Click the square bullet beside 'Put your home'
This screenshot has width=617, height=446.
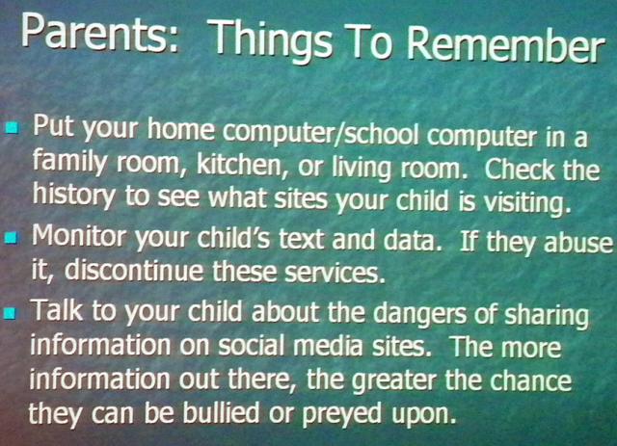[x=13, y=127]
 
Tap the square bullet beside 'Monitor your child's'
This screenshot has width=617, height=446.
[x=12, y=238]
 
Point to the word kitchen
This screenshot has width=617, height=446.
[x=240, y=165]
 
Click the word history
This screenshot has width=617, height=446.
[x=74, y=196]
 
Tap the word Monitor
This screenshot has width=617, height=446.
[x=78, y=235]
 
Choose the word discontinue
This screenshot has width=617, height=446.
[x=133, y=270]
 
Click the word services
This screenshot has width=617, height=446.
[x=335, y=273]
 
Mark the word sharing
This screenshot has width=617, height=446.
[x=547, y=315]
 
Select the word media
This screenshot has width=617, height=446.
[x=328, y=346]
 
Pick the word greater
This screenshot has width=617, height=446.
[x=394, y=381]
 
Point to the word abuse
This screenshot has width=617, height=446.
[x=578, y=243]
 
